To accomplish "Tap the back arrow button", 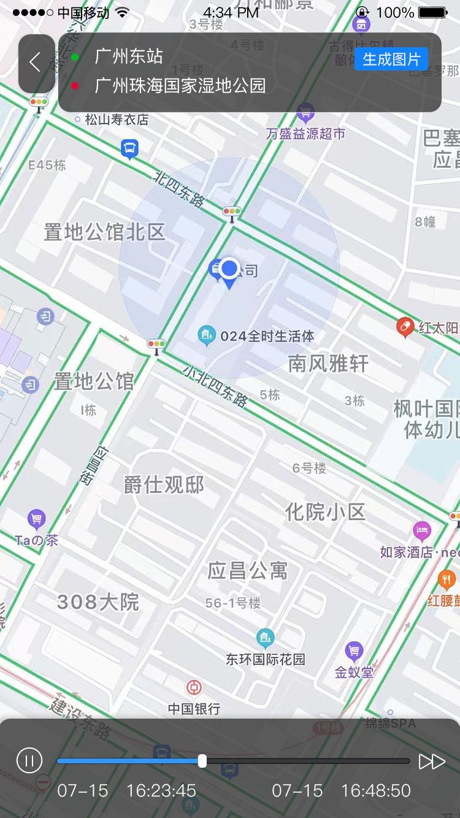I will (x=36, y=62).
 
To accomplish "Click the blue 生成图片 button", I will (x=391, y=59).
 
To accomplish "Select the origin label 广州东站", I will (x=129, y=57).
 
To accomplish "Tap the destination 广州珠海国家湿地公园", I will (x=180, y=86).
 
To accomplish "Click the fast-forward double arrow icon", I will (x=432, y=761).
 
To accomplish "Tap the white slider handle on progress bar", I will (x=202, y=761).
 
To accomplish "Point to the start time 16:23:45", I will (x=161, y=790).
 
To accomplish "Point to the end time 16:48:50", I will (x=375, y=790).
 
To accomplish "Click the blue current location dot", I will (x=229, y=268).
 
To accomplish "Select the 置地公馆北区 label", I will (x=105, y=232).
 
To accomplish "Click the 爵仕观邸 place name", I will (x=164, y=484).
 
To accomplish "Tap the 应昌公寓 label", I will (x=248, y=571).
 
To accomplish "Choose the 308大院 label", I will (x=98, y=602).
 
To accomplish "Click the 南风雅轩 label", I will (x=328, y=364).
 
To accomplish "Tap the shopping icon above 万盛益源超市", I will (x=305, y=112).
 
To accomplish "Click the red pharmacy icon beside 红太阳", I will (x=405, y=327).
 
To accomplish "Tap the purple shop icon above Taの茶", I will (x=37, y=520).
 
